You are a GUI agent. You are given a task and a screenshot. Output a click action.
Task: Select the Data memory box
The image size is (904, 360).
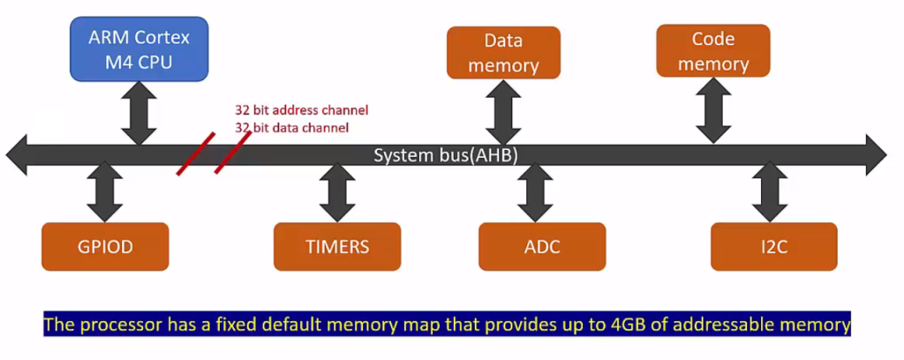click(x=503, y=54)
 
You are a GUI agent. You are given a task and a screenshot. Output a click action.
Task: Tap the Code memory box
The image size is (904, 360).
click(x=713, y=51)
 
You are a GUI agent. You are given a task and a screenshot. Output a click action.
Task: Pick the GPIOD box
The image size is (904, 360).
click(x=104, y=246)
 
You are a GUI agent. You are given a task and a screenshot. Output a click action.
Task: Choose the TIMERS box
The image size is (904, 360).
click(x=337, y=246)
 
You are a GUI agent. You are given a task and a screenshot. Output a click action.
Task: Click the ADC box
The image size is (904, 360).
click(x=542, y=246)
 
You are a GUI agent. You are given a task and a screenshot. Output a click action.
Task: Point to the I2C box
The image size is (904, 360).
click(x=773, y=246)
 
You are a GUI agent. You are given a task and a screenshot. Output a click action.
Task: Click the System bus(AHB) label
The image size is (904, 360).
click(x=445, y=155)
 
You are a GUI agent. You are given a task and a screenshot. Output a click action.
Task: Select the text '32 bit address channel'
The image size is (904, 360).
click(x=301, y=110)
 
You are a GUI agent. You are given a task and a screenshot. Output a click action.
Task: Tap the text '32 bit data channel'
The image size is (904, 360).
click(x=291, y=127)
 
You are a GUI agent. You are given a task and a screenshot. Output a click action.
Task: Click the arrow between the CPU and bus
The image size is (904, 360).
click(x=139, y=109)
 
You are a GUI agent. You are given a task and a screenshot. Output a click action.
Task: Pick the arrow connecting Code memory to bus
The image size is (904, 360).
click(x=713, y=108)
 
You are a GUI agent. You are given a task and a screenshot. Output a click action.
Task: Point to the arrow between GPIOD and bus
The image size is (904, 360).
click(x=105, y=196)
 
